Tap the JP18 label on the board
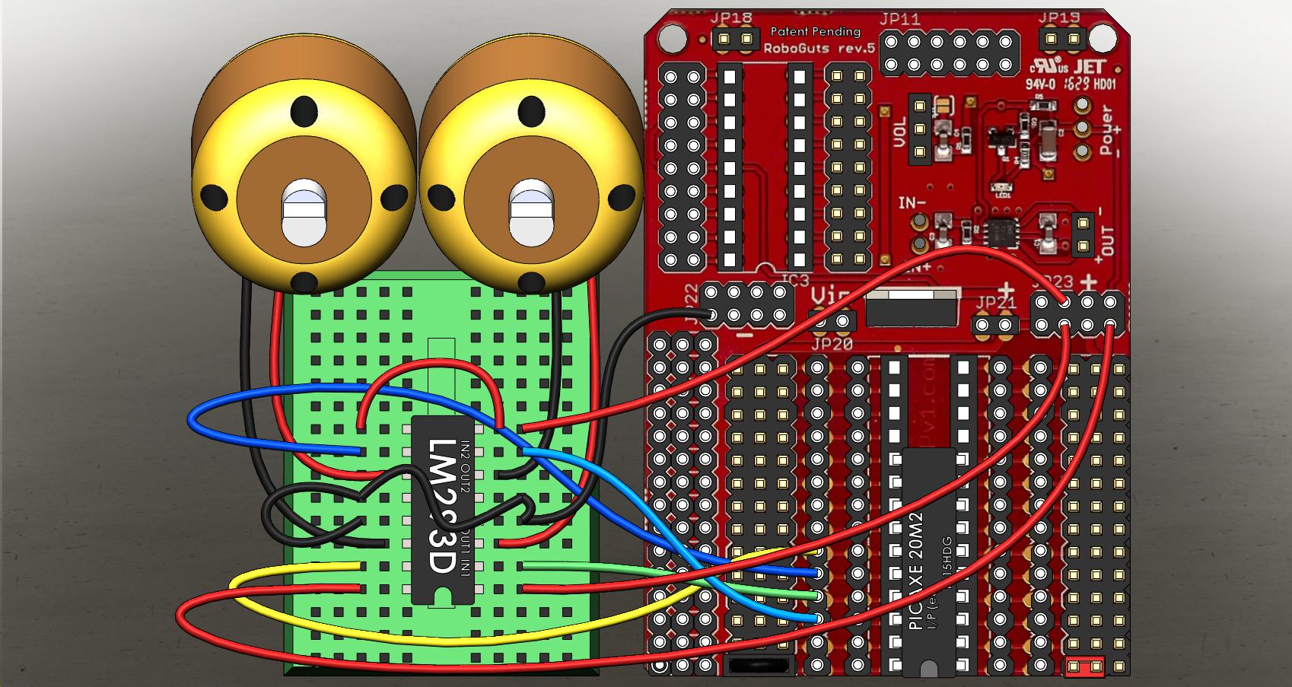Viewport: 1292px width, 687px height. click(x=732, y=18)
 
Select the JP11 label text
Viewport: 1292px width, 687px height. click(x=900, y=19)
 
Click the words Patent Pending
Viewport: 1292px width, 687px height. click(x=815, y=32)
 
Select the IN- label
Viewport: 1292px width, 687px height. click(x=912, y=203)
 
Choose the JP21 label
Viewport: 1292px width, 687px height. click(x=994, y=303)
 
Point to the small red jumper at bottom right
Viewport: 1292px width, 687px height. click(x=1085, y=668)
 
